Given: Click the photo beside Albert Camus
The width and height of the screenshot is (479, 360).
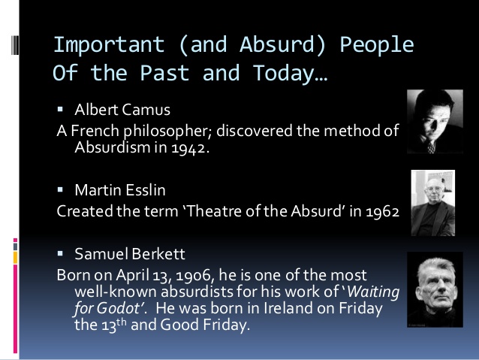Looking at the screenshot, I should click(x=429, y=121).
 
